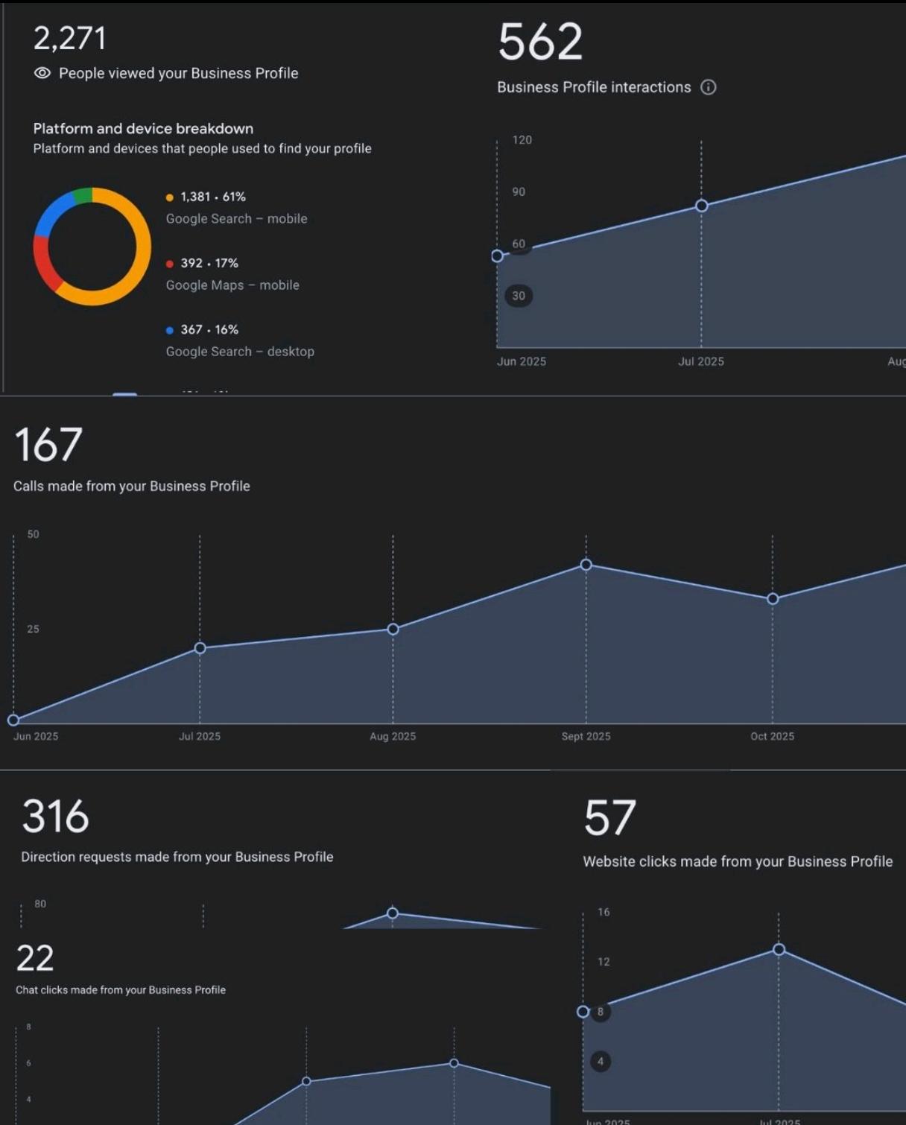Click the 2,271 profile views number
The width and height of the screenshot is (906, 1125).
coord(69,39)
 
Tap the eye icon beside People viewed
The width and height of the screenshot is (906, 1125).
coord(42,73)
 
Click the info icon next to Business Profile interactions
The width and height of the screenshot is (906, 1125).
coord(709,87)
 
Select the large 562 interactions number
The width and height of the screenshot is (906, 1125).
coord(540,42)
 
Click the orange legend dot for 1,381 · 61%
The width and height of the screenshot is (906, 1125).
coord(170,197)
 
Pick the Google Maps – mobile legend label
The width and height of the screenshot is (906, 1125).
coord(232,285)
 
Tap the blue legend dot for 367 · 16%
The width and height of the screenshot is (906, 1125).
coord(170,330)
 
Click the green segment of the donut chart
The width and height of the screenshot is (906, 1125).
coord(83,195)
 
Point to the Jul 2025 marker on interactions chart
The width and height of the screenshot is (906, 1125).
coord(701,206)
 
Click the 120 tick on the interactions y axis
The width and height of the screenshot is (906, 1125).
coord(522,140)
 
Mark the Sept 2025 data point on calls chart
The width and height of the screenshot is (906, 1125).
coord(586,565)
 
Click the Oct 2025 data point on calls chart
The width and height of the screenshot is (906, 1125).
coord(773,599)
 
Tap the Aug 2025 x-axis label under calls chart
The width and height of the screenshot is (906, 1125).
coord(393,736)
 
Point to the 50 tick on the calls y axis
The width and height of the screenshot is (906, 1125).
coord(33,534)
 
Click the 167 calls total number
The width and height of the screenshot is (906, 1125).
coord(48,445)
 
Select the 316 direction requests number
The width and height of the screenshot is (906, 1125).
coord(56,817)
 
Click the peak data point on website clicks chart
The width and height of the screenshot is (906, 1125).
coord(779,949)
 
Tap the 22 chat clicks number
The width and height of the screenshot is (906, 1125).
coord(35,959)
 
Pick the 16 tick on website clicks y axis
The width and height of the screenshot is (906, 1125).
coord(604,912)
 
